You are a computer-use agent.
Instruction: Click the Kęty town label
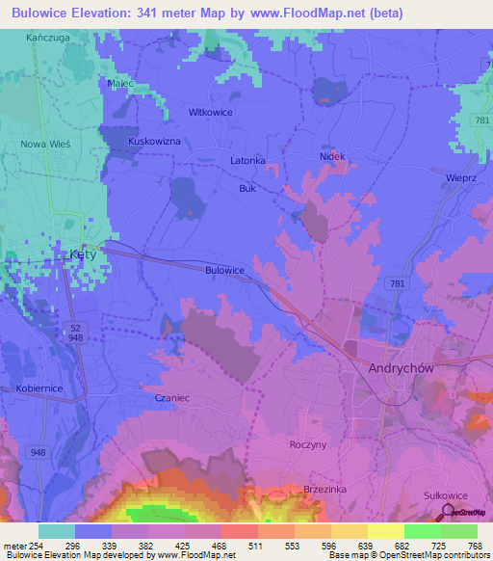[84, 255]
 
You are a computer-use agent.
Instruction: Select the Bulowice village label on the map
[225, 271]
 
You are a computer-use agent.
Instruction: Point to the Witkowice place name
[212, 112]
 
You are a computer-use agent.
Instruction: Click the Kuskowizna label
[155, 141]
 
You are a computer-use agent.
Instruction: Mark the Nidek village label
[332, 156]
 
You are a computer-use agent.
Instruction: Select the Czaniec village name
[161, 396]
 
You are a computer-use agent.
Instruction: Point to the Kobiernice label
[39, 388]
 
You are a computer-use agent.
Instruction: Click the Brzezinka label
[324, 489]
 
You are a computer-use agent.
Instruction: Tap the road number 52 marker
[75, 328]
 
